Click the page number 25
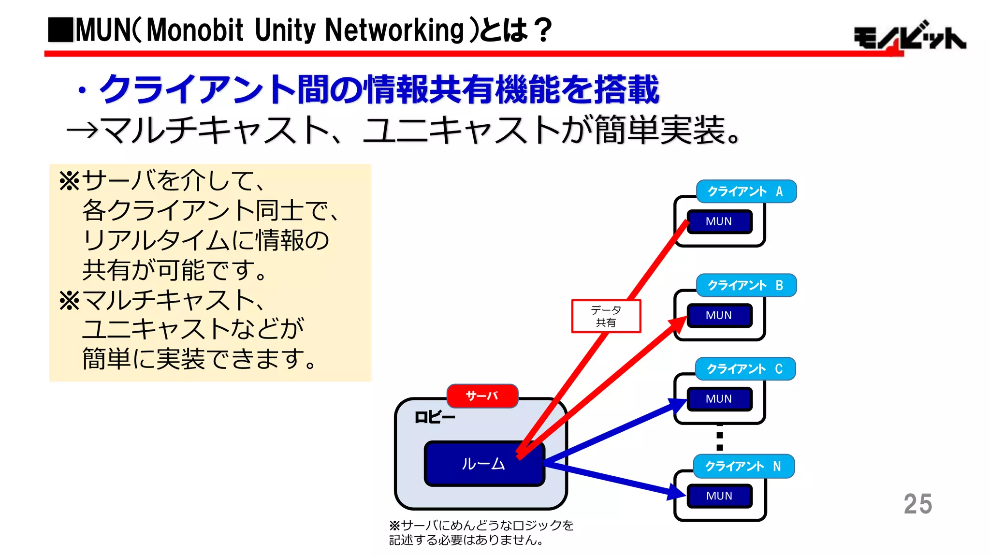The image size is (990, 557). [x=917, y=504]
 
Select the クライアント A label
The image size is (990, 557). [x=746, y=191]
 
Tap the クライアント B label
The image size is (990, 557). [x=746, y=285]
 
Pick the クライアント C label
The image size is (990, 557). [x=745, y=369]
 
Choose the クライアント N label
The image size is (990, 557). [x=743, y=466]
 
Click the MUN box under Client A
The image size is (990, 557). [x=719, y=221]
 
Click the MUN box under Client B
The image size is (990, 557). [x=719, y=315]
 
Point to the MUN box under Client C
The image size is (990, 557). [x=719, y=399]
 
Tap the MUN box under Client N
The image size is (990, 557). [x=719, y=496]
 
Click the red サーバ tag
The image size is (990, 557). [x=482, y=396]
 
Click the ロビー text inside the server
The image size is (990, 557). [x=435, y=417]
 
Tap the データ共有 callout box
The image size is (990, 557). [x=606, y=316]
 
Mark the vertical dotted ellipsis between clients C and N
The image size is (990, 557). [x=720, y=438]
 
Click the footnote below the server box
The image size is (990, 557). [x=480, y=532]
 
